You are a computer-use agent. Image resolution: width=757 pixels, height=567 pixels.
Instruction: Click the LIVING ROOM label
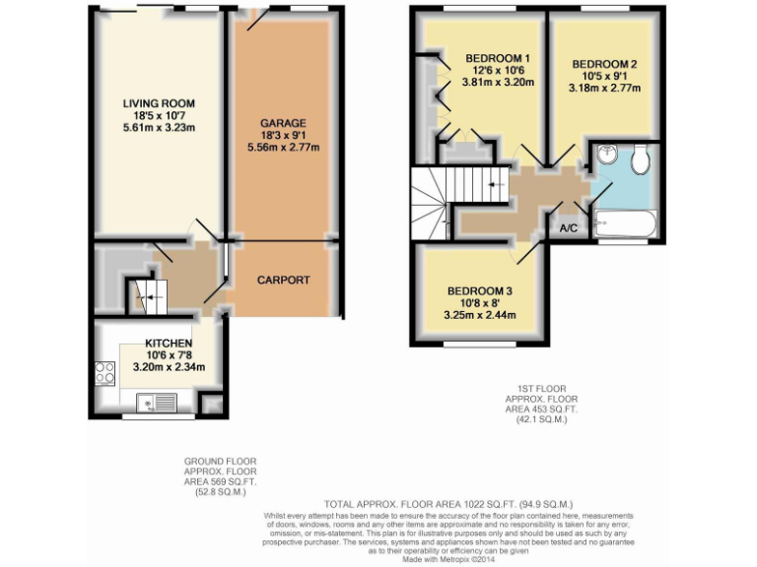(158, 103)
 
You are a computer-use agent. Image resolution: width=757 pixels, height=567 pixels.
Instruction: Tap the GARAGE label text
(283, 122)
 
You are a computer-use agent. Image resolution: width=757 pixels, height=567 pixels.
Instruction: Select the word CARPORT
(284, 281)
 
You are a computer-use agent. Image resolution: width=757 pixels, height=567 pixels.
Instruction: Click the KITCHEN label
(156, 344)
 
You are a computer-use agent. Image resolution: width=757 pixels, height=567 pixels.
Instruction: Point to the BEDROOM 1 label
(498, 58)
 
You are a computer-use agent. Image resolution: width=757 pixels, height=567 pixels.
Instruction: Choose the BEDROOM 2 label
(605, 64)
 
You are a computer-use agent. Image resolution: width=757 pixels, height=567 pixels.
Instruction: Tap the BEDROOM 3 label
(480, 290)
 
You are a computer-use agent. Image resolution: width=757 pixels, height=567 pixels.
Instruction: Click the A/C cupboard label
(569, 228)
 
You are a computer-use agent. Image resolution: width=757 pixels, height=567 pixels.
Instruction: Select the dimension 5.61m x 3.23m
(158, 128)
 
